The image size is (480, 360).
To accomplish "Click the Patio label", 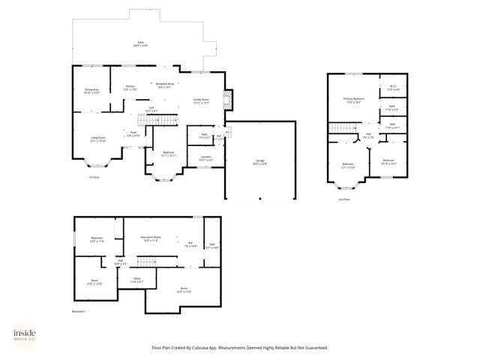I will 140,43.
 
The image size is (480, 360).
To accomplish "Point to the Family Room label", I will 201,100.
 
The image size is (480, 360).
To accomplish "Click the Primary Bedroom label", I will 354,100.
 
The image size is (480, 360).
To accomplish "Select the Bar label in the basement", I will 190,244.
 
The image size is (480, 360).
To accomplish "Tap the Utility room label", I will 136,280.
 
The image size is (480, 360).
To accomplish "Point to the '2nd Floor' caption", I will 343,199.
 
